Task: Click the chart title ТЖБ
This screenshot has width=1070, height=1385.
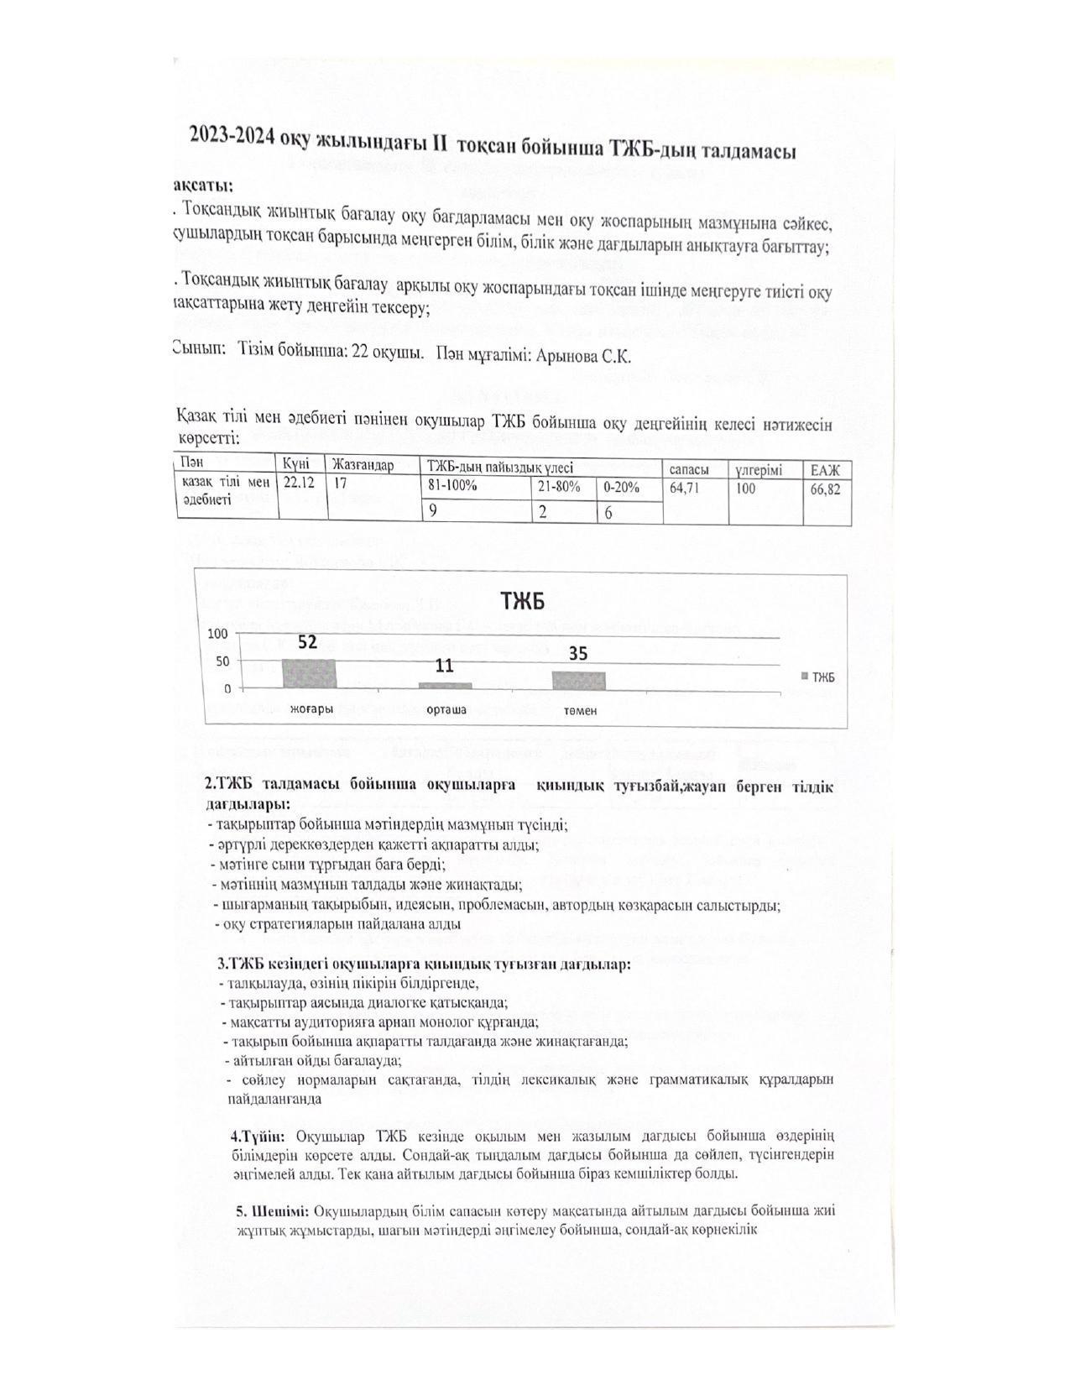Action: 523,601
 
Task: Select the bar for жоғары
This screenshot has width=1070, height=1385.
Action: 309,674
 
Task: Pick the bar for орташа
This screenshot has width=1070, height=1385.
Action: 446,685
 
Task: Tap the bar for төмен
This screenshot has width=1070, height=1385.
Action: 579,680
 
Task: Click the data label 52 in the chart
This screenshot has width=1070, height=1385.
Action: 308,642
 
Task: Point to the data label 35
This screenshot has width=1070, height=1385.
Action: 578,653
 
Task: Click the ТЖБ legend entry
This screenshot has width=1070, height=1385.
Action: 818,677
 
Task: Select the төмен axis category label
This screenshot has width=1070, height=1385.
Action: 580,710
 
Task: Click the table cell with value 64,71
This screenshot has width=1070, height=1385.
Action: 685,488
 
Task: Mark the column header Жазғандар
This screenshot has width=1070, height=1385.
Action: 363,464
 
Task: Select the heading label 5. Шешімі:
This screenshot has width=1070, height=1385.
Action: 273,1211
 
